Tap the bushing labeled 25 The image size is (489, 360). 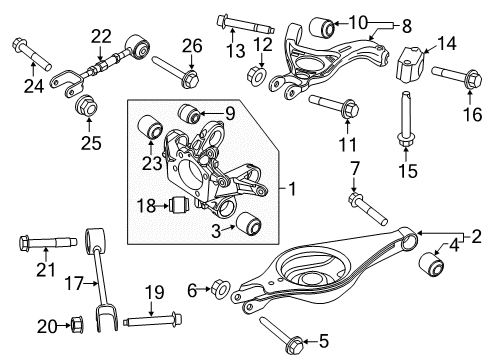87,104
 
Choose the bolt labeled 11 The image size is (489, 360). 331,103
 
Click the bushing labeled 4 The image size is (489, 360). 432,264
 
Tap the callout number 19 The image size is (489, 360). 154,292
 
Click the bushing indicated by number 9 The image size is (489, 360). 185,109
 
